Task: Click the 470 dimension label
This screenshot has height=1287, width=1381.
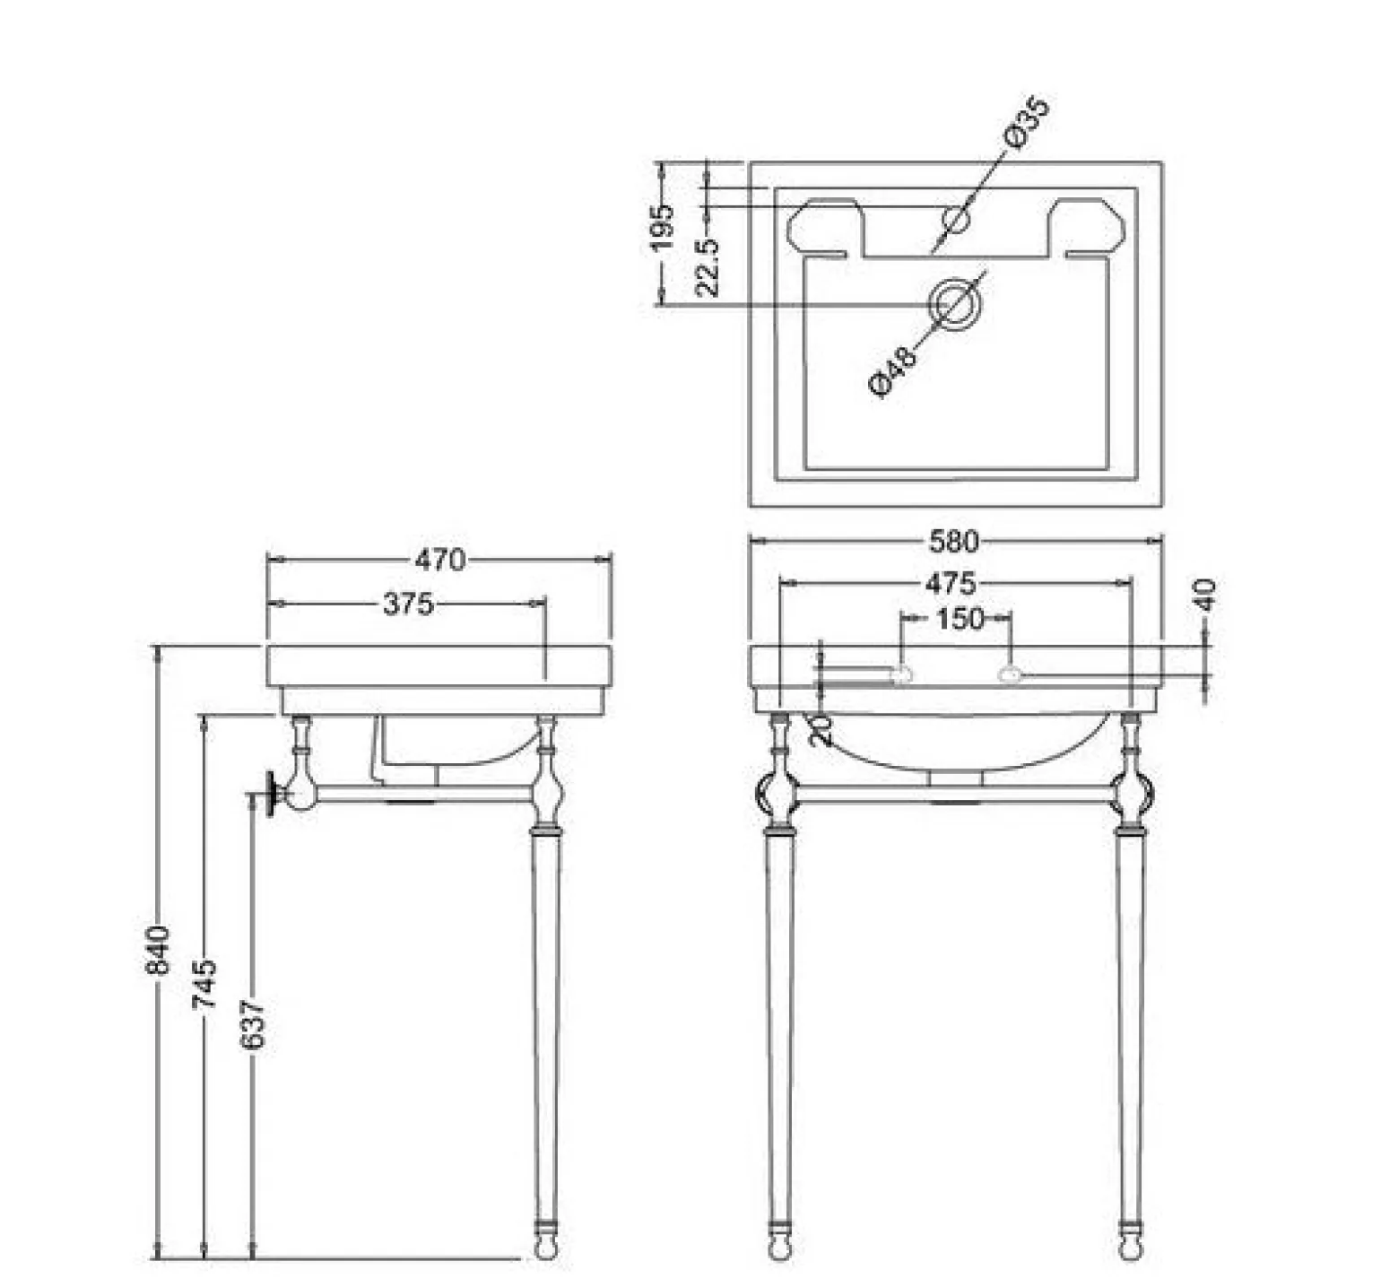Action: tap(439, 560)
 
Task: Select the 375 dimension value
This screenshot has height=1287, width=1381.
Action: tap(408, 604)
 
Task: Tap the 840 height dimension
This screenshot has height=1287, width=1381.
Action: tap(157, 950)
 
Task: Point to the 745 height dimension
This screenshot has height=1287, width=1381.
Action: tap(204, 984)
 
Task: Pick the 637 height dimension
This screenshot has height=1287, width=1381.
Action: tap(254, 1024)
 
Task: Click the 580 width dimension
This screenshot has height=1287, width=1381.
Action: tap(953, 541)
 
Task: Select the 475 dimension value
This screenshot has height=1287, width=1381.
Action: tap(951, 584)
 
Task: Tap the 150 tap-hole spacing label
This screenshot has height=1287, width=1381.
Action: tap(960, 618)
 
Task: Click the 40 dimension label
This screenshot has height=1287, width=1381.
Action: tap(1207, 595)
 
